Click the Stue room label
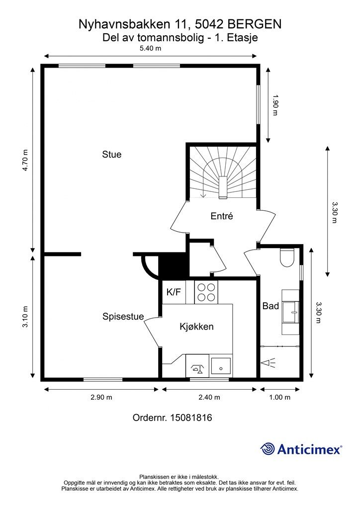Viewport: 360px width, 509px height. (112, 154)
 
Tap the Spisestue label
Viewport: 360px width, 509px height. (123, 317)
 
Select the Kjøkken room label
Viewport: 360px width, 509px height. (197, 327)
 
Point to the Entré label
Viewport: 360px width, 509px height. (222, 216)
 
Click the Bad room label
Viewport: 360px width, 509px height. (270, 306)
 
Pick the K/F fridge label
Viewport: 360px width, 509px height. (174, 292)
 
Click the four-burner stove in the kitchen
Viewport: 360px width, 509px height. (206, 292)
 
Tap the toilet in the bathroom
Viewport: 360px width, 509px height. (287, 258)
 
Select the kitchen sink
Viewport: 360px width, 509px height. (221, 366)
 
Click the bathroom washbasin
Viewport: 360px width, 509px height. (291, 312)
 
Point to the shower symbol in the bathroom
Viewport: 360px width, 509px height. (269, 363)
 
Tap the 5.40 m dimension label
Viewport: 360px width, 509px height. (150, 49)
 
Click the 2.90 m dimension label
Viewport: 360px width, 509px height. (101, 397)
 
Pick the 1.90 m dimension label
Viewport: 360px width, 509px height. (275, 105)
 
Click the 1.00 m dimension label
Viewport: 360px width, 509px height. (280, 397)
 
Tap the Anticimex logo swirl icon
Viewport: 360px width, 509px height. (268, 449)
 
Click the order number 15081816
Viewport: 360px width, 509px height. (191, 418)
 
